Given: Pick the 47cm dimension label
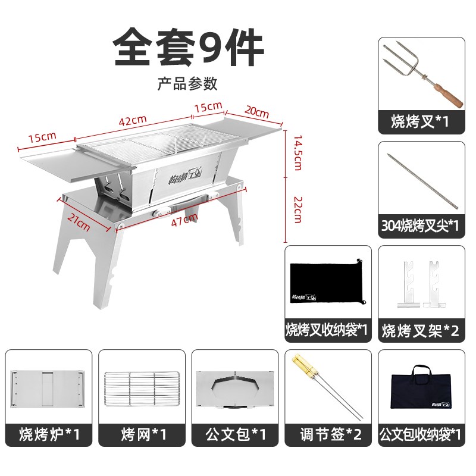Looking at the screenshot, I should (184, 218).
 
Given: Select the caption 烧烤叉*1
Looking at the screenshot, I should (420, 122).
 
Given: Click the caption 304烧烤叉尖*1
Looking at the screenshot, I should (420, 226).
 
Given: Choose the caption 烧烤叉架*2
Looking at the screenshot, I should (420, 331).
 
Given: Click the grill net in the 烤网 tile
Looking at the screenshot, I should (141, 389).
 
